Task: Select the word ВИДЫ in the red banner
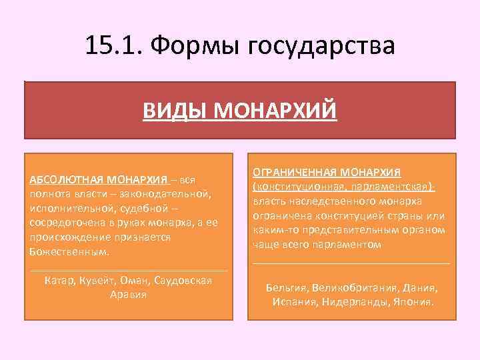coord(171,109)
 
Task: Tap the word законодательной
coord(165,194)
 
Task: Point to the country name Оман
coord(135,280)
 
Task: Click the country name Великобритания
coord(355,288)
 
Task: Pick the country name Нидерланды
coord(356,302)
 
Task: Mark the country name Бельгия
coord(287,288)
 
